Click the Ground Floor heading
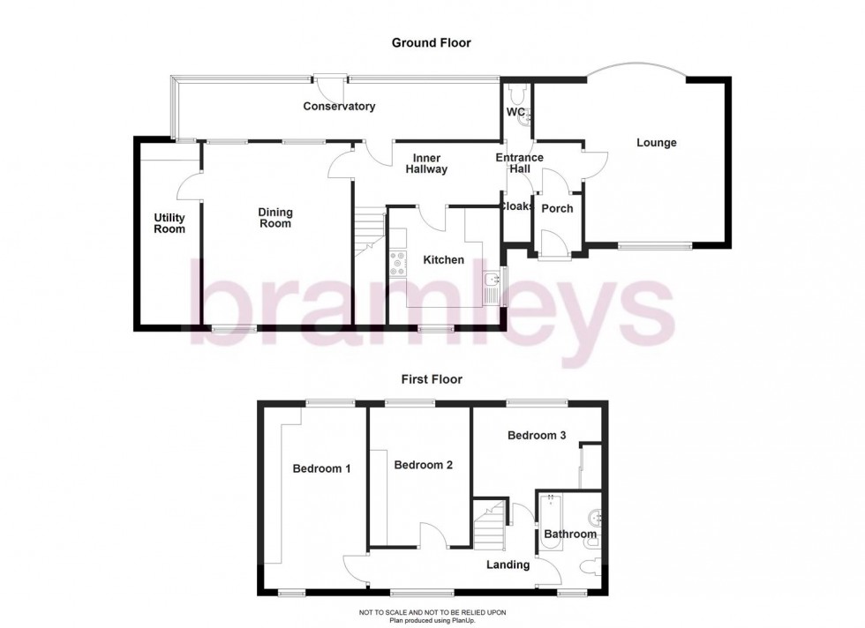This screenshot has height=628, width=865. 432,42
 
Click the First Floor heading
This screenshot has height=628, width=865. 432,379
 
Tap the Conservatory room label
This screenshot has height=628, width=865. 339,107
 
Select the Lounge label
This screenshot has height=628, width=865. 657,142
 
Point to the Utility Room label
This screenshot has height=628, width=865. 169,223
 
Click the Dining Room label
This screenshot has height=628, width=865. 275,218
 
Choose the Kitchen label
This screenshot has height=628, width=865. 443,260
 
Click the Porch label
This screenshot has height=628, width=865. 557,209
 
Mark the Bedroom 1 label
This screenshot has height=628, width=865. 321,468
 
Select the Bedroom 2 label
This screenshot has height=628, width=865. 424,465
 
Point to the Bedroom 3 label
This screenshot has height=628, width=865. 537,435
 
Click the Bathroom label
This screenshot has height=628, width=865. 570,534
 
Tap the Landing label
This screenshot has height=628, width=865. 508,564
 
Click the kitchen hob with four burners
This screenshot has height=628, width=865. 397,262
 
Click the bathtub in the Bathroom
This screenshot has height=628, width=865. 550,520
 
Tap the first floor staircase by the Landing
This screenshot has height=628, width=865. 489,524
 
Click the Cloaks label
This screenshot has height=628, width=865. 516,206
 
